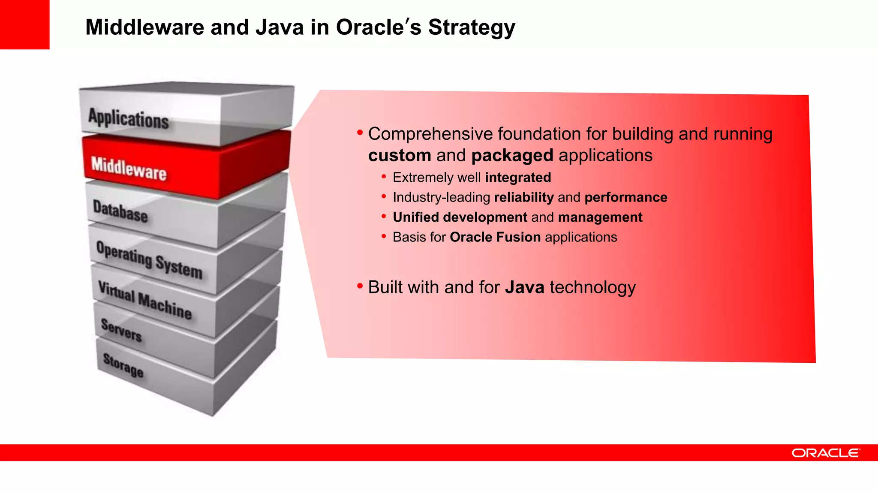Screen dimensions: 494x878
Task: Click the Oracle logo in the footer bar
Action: (x=825, y=453)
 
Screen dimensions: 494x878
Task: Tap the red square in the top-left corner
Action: (x=24, y=24)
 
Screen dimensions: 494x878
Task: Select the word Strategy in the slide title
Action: (x=472, y=28)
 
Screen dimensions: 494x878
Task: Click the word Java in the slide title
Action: (x=280, y=27)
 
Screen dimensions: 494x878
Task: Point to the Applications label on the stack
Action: (x=128, y=118)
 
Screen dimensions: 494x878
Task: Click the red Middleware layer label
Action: (x=129, y=169)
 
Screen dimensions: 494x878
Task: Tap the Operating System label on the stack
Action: (x=149, y=260)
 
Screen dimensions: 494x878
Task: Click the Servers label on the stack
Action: (x=121, y=330)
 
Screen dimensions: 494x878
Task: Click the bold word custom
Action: (x=399, y=155)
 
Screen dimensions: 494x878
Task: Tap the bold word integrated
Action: (x=518, y=178)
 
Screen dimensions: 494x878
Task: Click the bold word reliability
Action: (x=524, y=197)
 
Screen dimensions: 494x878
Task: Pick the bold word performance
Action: (x=625, y=197)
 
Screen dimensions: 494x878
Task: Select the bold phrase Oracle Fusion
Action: (x=495, y=237)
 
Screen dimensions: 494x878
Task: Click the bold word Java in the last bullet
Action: (x=524, y=287)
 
